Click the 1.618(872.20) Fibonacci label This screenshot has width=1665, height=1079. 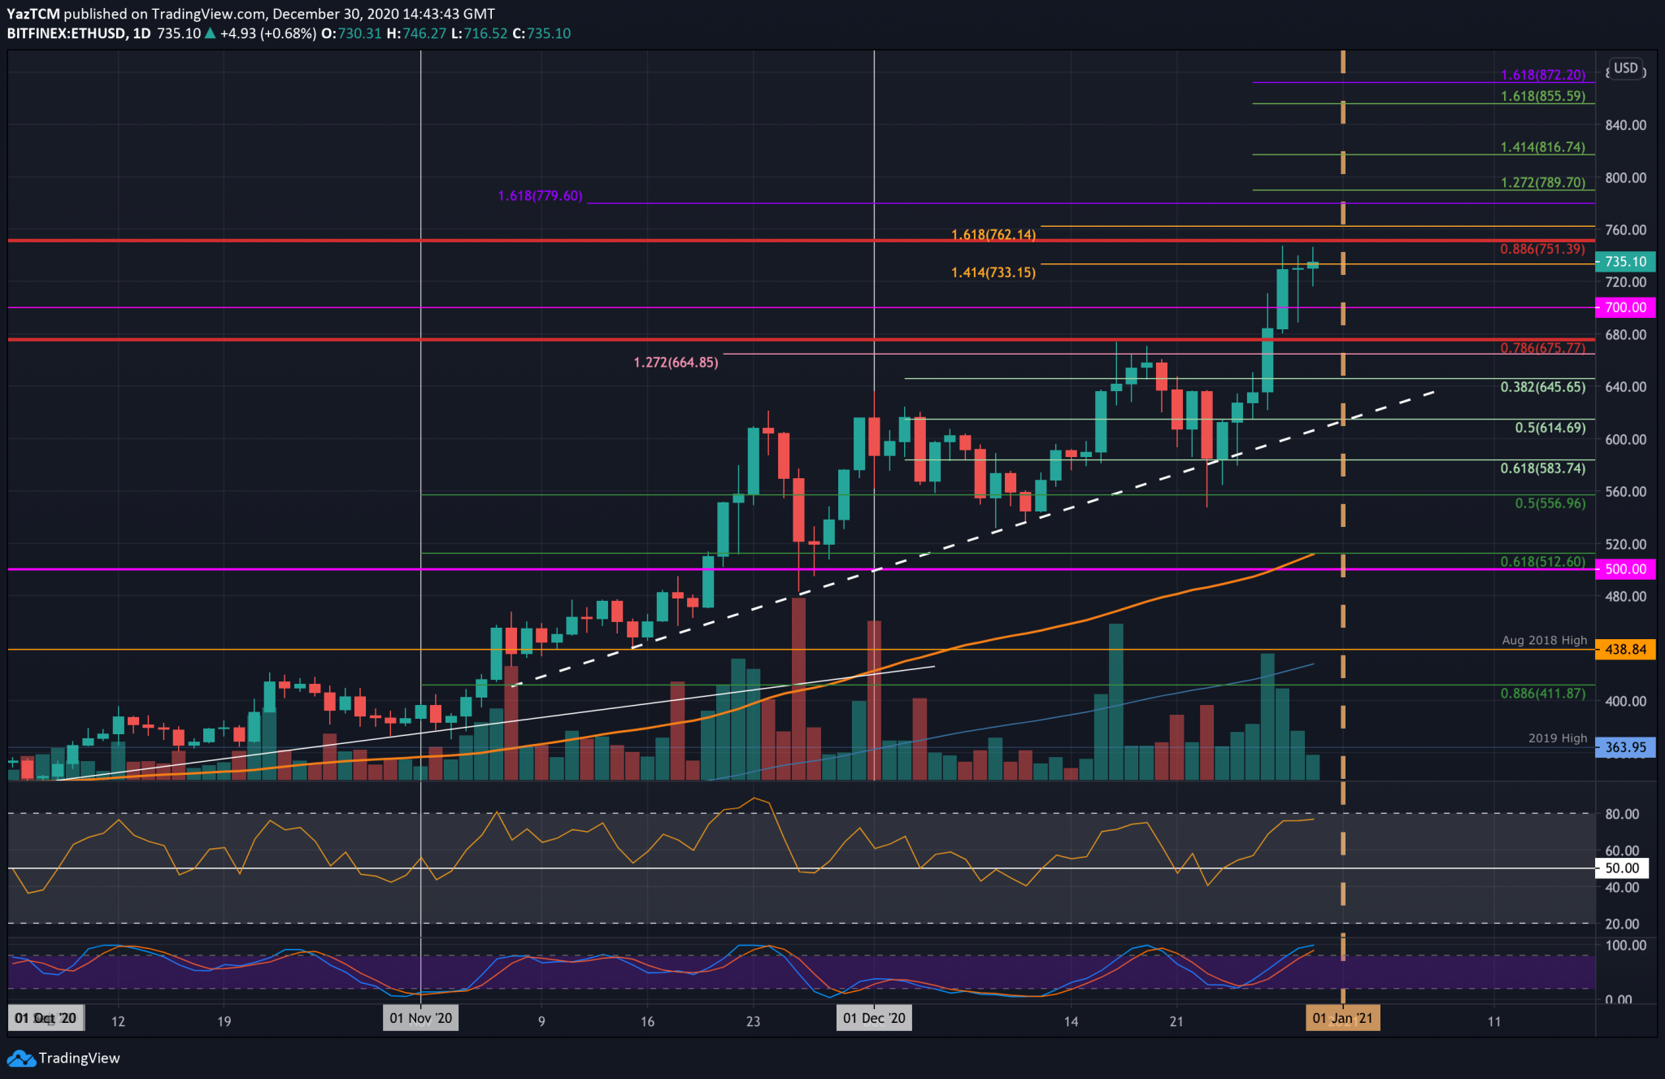(x=1542, y=75)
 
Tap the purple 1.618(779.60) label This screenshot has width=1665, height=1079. (x=540, y=196)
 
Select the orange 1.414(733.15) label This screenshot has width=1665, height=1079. (x=993, y=272)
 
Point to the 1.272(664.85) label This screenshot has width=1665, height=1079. (x=676, y=363)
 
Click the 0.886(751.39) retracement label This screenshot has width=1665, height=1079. (x=1542, y=249)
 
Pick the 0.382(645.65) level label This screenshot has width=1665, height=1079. (x=1542, y=387)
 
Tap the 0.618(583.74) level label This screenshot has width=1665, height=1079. (x=1542, y=468)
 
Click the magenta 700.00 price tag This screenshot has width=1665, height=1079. (x=1625, y=307)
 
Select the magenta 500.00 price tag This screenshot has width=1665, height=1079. (x=1625, y=569)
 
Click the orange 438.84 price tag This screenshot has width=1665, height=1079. (x=1625, y=649)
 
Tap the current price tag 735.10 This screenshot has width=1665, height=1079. (x=1625, y=262)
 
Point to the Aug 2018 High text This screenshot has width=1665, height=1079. (x=1544, y=640)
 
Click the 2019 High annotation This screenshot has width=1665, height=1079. (x=1557, y=738)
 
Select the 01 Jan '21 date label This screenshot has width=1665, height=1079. (x=1342, y=1018)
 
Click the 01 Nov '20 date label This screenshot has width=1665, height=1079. (x=420, y=1018)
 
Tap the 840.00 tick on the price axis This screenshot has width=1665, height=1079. (x=1625, y=125)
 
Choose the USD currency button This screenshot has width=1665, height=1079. (x=1625, y=68)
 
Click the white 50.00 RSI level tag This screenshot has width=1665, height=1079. (x=1622, y=868)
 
